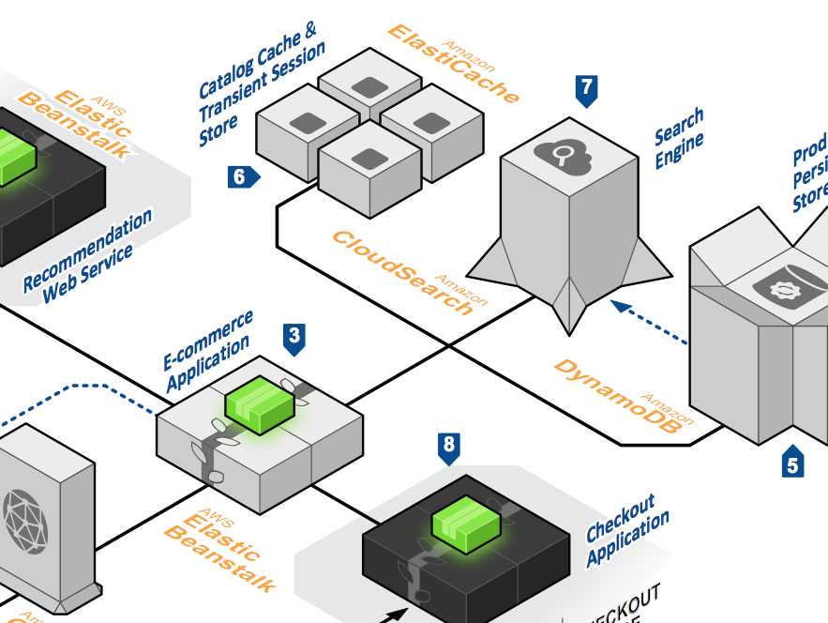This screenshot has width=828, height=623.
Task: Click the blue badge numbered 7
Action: pyautogui.click(x=587, y=90)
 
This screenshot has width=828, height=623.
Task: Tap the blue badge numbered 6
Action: pyautogui.click(x=241, y=175)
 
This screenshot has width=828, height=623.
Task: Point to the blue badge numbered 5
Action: pyautogui.click(x=793, y=463)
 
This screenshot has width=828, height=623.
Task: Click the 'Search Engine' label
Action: pyautogui.click(x=679, y=139)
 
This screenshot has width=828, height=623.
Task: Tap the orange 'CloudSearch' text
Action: pyautogui.click(x=403, y=272)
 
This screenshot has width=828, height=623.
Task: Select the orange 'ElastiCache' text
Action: pyautogui.click(x=453, y=63)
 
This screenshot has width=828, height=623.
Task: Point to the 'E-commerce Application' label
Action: pyautogui.click(x=208, y=351)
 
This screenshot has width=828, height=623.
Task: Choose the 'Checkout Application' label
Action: pyautogui.click(x=627, y=531)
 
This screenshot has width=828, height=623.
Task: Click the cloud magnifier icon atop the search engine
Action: pyautogui.click(x=564, y=155)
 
